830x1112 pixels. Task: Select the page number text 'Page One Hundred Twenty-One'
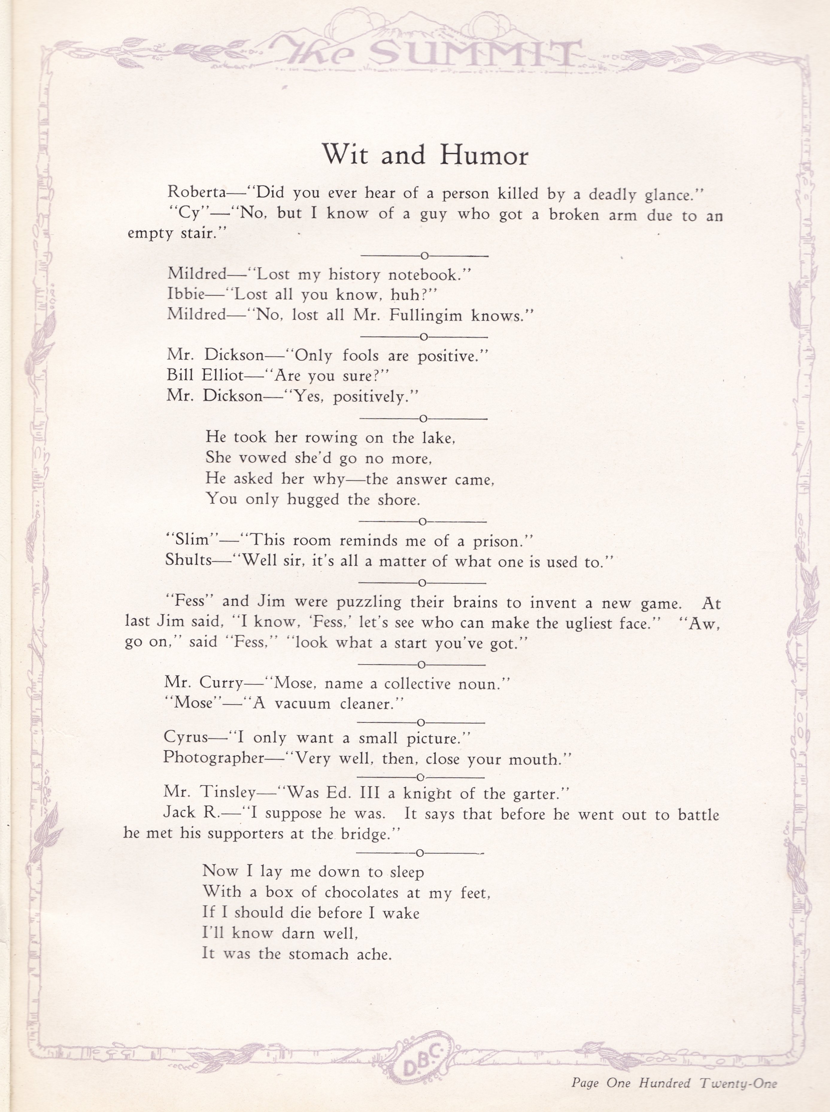click(673, 1081)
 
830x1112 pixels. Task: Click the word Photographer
click(213, 758)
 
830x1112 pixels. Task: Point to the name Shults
click(188, 561)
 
